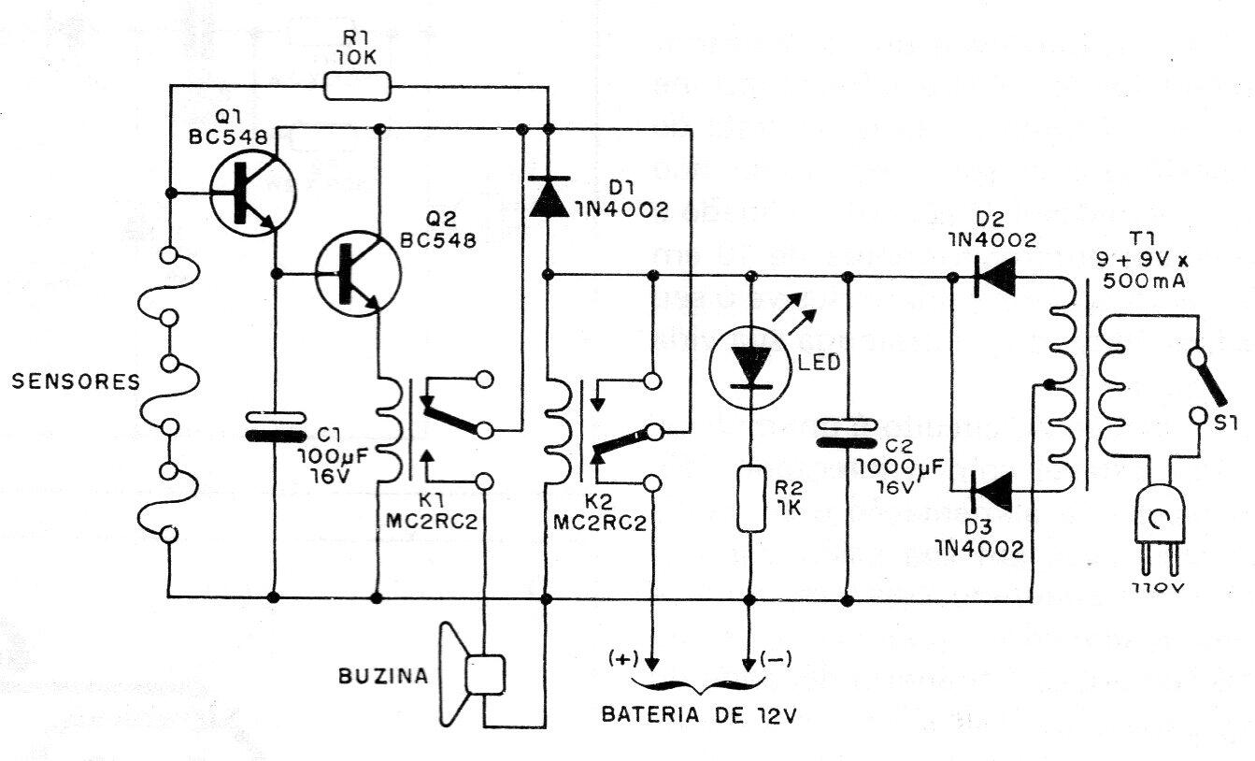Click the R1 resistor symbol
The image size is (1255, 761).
pos(356,88)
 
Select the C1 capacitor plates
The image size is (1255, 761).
pos(276,426)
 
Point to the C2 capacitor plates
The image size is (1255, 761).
pos(848,433)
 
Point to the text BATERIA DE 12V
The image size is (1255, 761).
pos(700,716)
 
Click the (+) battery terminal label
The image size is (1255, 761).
pos(620,658)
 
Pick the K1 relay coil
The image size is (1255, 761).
pos(385,429)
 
